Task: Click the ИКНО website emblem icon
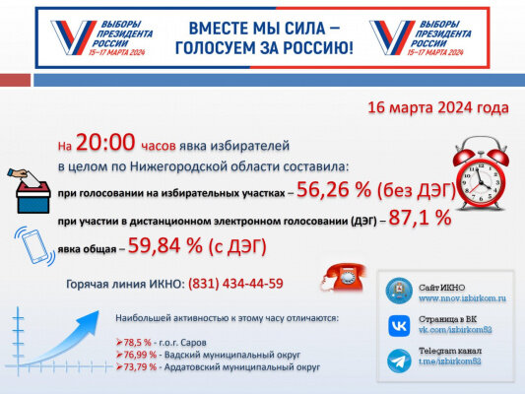click(400, 291)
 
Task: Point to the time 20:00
click(102, 145)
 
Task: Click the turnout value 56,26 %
click(335, 190)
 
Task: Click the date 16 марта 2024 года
click(437, 106)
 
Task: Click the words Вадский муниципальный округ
click(224, 354)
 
